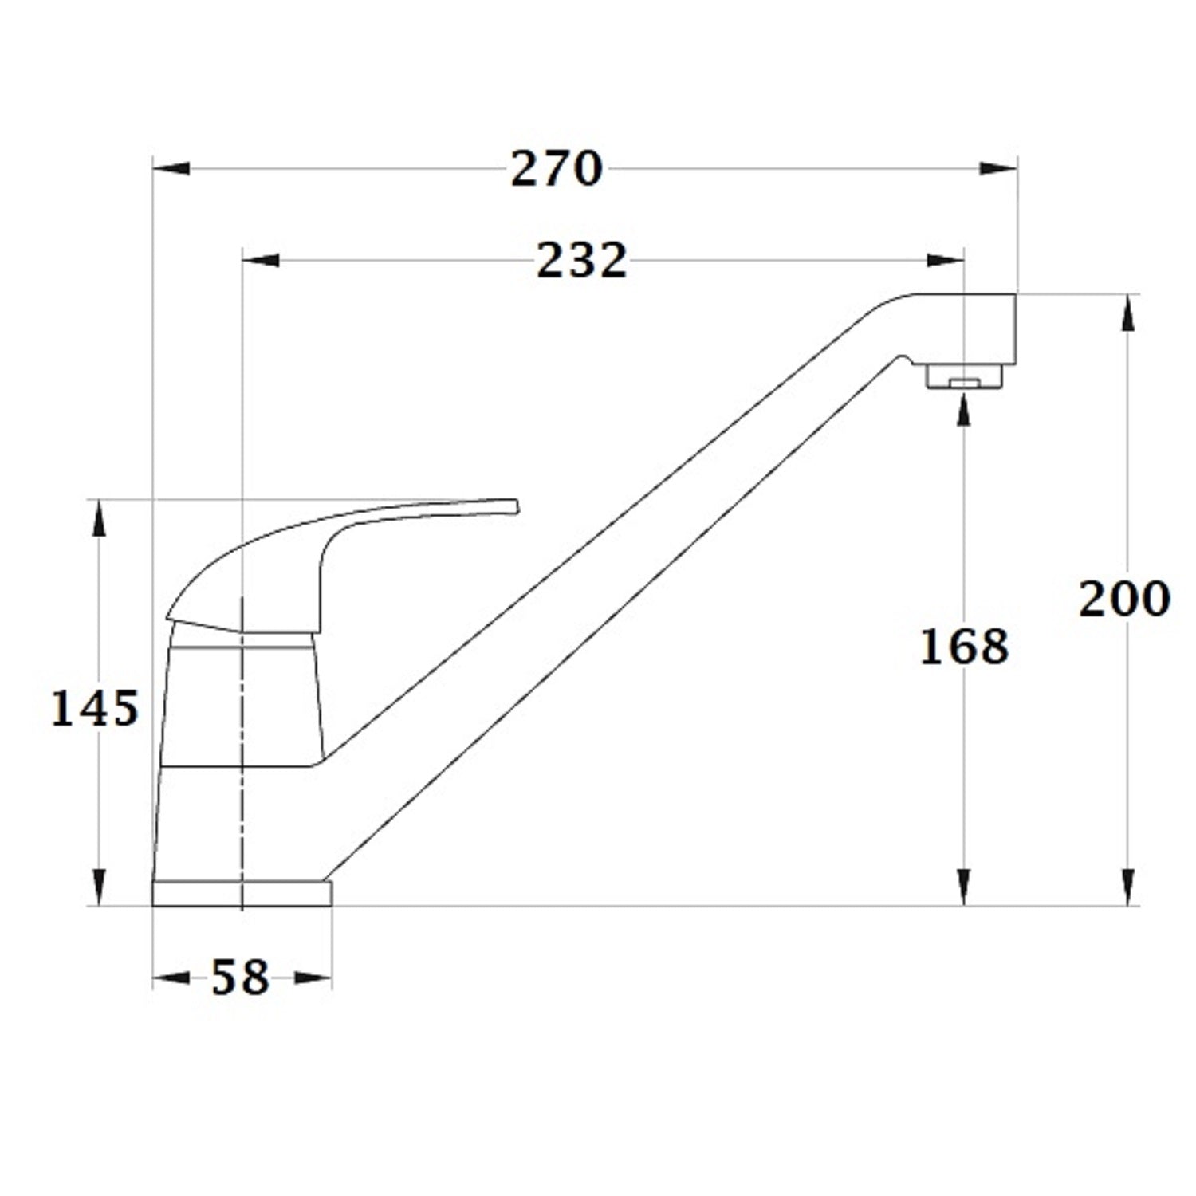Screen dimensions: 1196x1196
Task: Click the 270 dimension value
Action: pos(557,169)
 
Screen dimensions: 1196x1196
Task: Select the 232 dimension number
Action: pos(582,260)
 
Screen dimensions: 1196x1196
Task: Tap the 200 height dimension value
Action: pos(1124,599)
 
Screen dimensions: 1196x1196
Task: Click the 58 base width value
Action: pos(240,978)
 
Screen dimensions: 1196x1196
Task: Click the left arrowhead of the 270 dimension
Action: pos(171,168)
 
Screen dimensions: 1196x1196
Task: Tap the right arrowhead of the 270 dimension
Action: pos(998,168)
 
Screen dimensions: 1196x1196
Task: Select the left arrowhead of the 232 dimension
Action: pos(261,259)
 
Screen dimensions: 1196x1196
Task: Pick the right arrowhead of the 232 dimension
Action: pos(946,259)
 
